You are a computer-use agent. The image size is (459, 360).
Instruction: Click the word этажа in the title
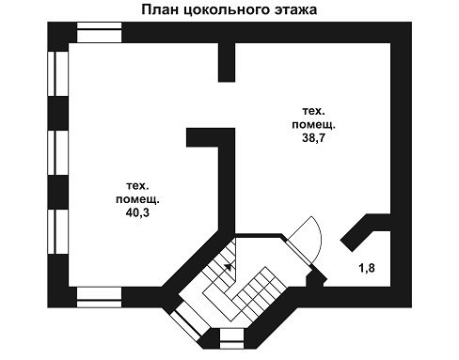[x=295, y=10]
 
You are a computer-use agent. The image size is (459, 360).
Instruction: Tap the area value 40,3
[x=137, y=212]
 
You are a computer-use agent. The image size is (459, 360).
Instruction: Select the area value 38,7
[x=313, y=137]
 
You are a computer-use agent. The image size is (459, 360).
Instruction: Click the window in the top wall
[x=99, y=32]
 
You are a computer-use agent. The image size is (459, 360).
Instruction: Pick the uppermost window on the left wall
[x=58, y=73]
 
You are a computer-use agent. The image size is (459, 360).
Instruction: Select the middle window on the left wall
[x=58, y=152]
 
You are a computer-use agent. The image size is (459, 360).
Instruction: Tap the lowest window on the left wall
[x=58, y=231]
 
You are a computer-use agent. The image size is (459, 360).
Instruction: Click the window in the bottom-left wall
[x=99, y=297]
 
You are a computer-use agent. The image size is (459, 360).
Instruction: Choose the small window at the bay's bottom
[x=231, y=338]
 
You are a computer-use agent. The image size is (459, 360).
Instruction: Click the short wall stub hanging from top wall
[x=227, y=62]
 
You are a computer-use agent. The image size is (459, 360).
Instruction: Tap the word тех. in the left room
[x=137, y=186]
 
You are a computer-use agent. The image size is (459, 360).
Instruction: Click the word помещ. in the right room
[x=313, y=125]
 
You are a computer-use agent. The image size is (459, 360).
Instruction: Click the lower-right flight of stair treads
[x=261, y=294]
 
